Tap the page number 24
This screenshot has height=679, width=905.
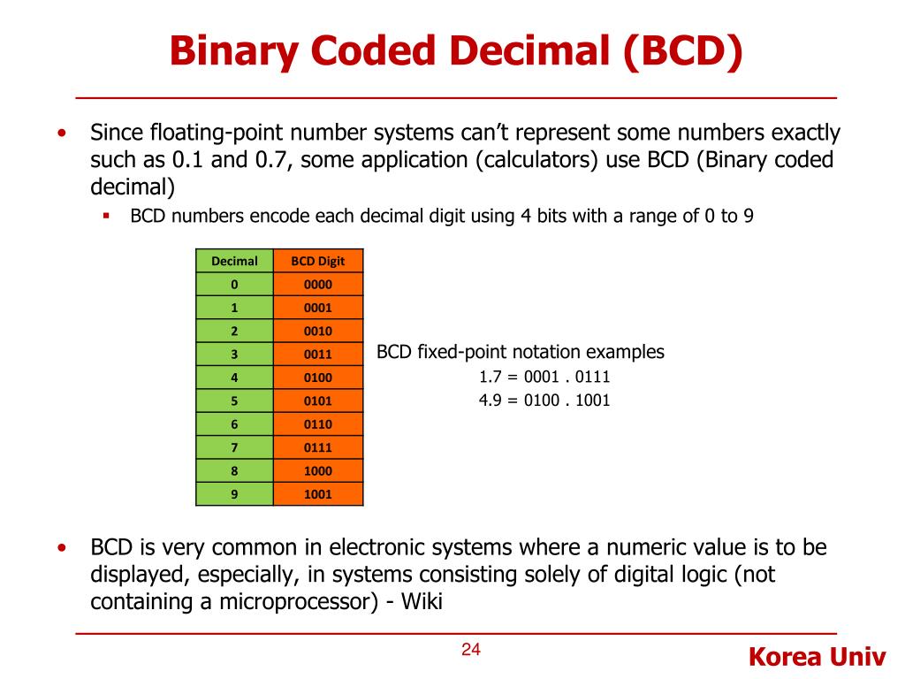tap(470, 651)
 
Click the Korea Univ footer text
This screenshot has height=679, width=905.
tap(816, 658)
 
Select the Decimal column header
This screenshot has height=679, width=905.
tap(234, 261)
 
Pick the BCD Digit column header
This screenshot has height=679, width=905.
tap(318, 261)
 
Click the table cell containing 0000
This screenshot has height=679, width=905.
tap(318, 285)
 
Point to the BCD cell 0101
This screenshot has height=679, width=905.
tap(318, 401)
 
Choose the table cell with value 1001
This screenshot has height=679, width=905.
tap(318, 494)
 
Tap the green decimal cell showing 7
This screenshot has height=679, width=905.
tap(234, 447)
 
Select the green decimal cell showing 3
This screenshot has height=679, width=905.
tap(234, 355)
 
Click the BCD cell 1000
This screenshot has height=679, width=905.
tap(318, 471)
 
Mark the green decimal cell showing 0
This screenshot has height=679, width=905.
tap(234, 285)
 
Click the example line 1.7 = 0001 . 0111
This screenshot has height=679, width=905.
tap(544, 378)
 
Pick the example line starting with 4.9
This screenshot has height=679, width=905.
tap(544, 401)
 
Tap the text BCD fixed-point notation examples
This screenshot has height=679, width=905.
tap(521, 352)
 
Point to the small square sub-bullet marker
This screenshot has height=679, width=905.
tap(106, 215)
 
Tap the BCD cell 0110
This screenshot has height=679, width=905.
tap(318, 424)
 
